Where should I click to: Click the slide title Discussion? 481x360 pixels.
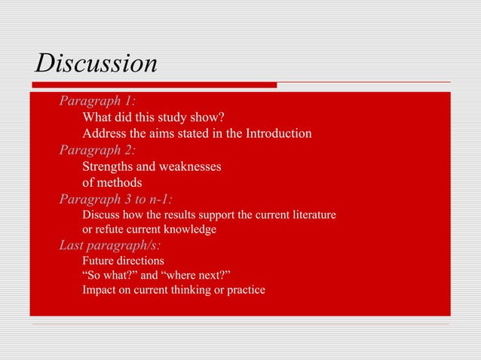(96, 64)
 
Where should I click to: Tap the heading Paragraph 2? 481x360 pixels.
(97, 150)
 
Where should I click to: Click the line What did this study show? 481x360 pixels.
(154, 118)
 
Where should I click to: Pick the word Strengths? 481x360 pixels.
(107, 166)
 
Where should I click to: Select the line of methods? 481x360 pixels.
(112, 182)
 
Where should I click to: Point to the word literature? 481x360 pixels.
(311, 215)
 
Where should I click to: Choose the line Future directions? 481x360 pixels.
(123, 261)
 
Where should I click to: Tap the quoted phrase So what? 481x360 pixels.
(108, 275)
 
